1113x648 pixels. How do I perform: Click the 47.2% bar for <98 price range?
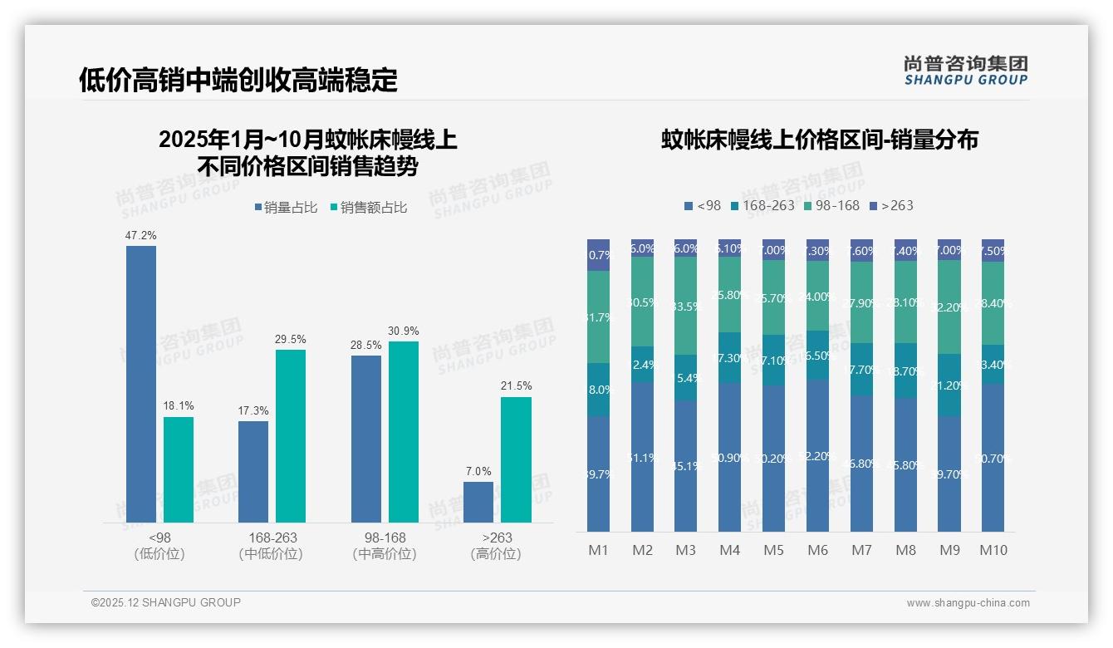(x=141, y=384)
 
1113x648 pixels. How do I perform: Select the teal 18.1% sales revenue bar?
(x=179, y=469)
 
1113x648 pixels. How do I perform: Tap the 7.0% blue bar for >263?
(x=478, y=502)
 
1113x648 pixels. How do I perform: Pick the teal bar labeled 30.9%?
(x=404, y=431)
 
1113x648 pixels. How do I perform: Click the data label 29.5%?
(x=291, y=339)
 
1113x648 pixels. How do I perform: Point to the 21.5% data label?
(x=516, y=386)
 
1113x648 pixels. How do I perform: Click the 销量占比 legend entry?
(x=286, y=208)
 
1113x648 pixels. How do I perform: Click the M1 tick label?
(x=598, y=550)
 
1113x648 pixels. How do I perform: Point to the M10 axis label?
(x=993, y=550)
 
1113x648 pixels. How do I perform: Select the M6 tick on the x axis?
(x=817, y=550)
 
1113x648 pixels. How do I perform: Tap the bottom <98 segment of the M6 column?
(x=817, y=455)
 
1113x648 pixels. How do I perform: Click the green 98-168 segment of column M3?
(x=685, y=306)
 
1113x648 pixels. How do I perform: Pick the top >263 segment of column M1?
(x=598, y=255)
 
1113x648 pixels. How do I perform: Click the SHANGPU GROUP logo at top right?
(x=965, y=71)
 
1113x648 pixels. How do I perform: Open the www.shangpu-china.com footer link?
(x=968, y=603)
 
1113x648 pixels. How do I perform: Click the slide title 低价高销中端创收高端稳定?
(x=238, y=80)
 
